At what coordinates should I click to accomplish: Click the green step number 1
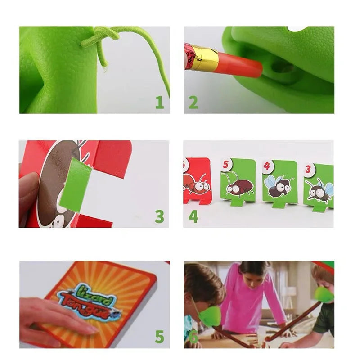pyautogui.click(x=160, y=102)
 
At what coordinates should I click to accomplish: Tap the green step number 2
pyautogui.click(x=193, y=102)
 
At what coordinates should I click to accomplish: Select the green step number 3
pyautogui.click(x=160, y=216)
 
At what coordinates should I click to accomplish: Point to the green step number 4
pyautogui.click(x=193, y=216)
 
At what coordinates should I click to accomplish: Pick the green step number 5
pyautogui.click(x=160, y=336)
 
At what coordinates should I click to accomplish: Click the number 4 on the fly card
pyautogui.click(x=267, y=166)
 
